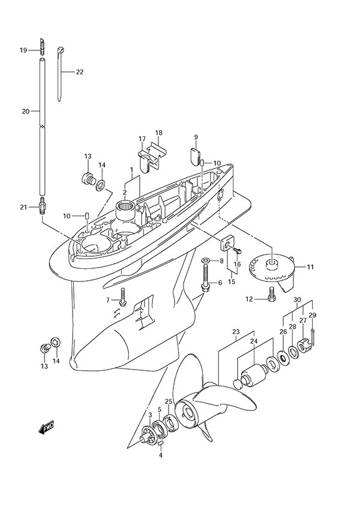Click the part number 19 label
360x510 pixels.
click(23, 50)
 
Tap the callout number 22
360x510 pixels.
click(80, 72)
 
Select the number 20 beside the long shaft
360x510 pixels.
click(25, 112)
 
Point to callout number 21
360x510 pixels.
click(23, 207)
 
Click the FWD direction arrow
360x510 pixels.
click(47, 428)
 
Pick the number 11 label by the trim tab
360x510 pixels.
click(310, 267)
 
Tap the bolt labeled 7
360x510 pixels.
click(123, 295)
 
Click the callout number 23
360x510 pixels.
click(236, 332)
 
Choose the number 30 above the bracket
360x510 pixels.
click(298, 299)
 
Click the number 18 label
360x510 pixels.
click(159, 133)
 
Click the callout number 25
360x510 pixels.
click(169, 401)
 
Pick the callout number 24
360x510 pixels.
click(254, 341)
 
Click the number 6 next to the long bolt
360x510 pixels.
click(220, 283)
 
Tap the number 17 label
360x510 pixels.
click(142, 139)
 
